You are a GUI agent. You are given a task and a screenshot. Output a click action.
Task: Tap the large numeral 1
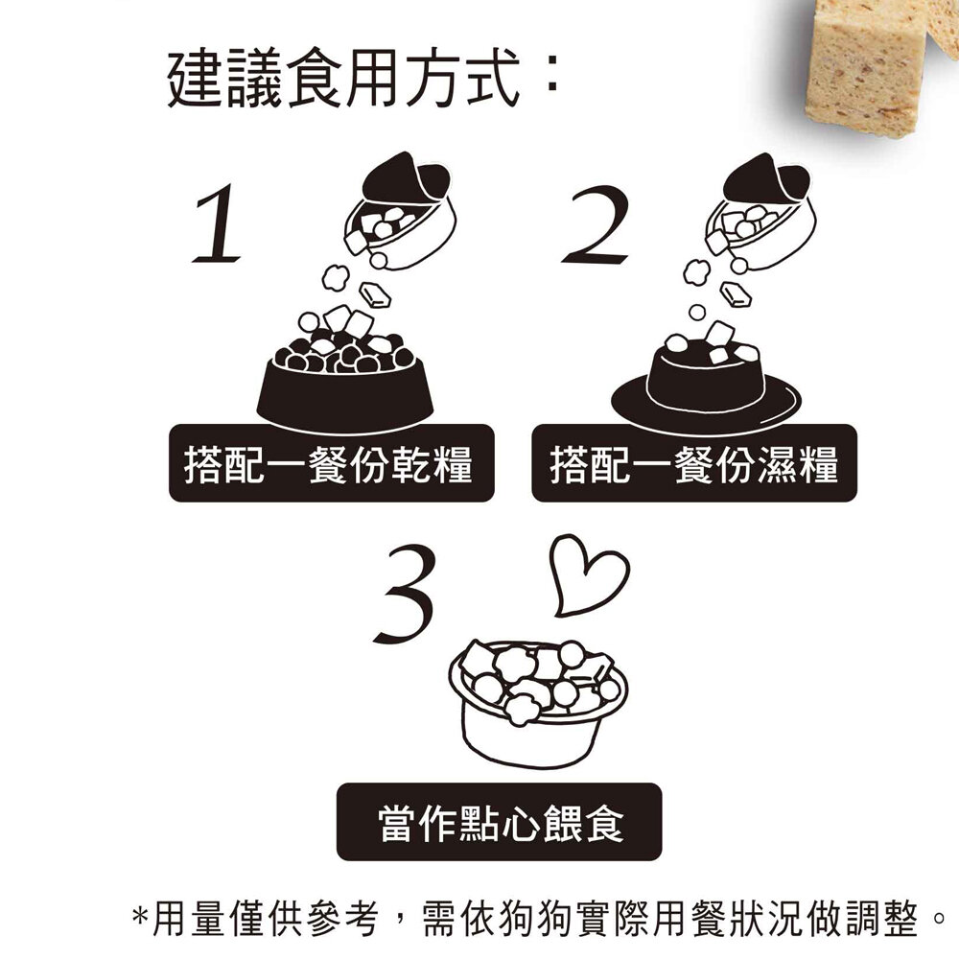217,225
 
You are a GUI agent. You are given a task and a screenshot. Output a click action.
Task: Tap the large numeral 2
596,225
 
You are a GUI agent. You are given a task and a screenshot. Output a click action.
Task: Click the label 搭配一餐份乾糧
331,464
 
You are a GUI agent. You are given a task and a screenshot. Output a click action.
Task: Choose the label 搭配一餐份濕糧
693,464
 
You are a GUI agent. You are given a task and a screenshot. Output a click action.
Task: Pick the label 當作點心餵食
499,823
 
